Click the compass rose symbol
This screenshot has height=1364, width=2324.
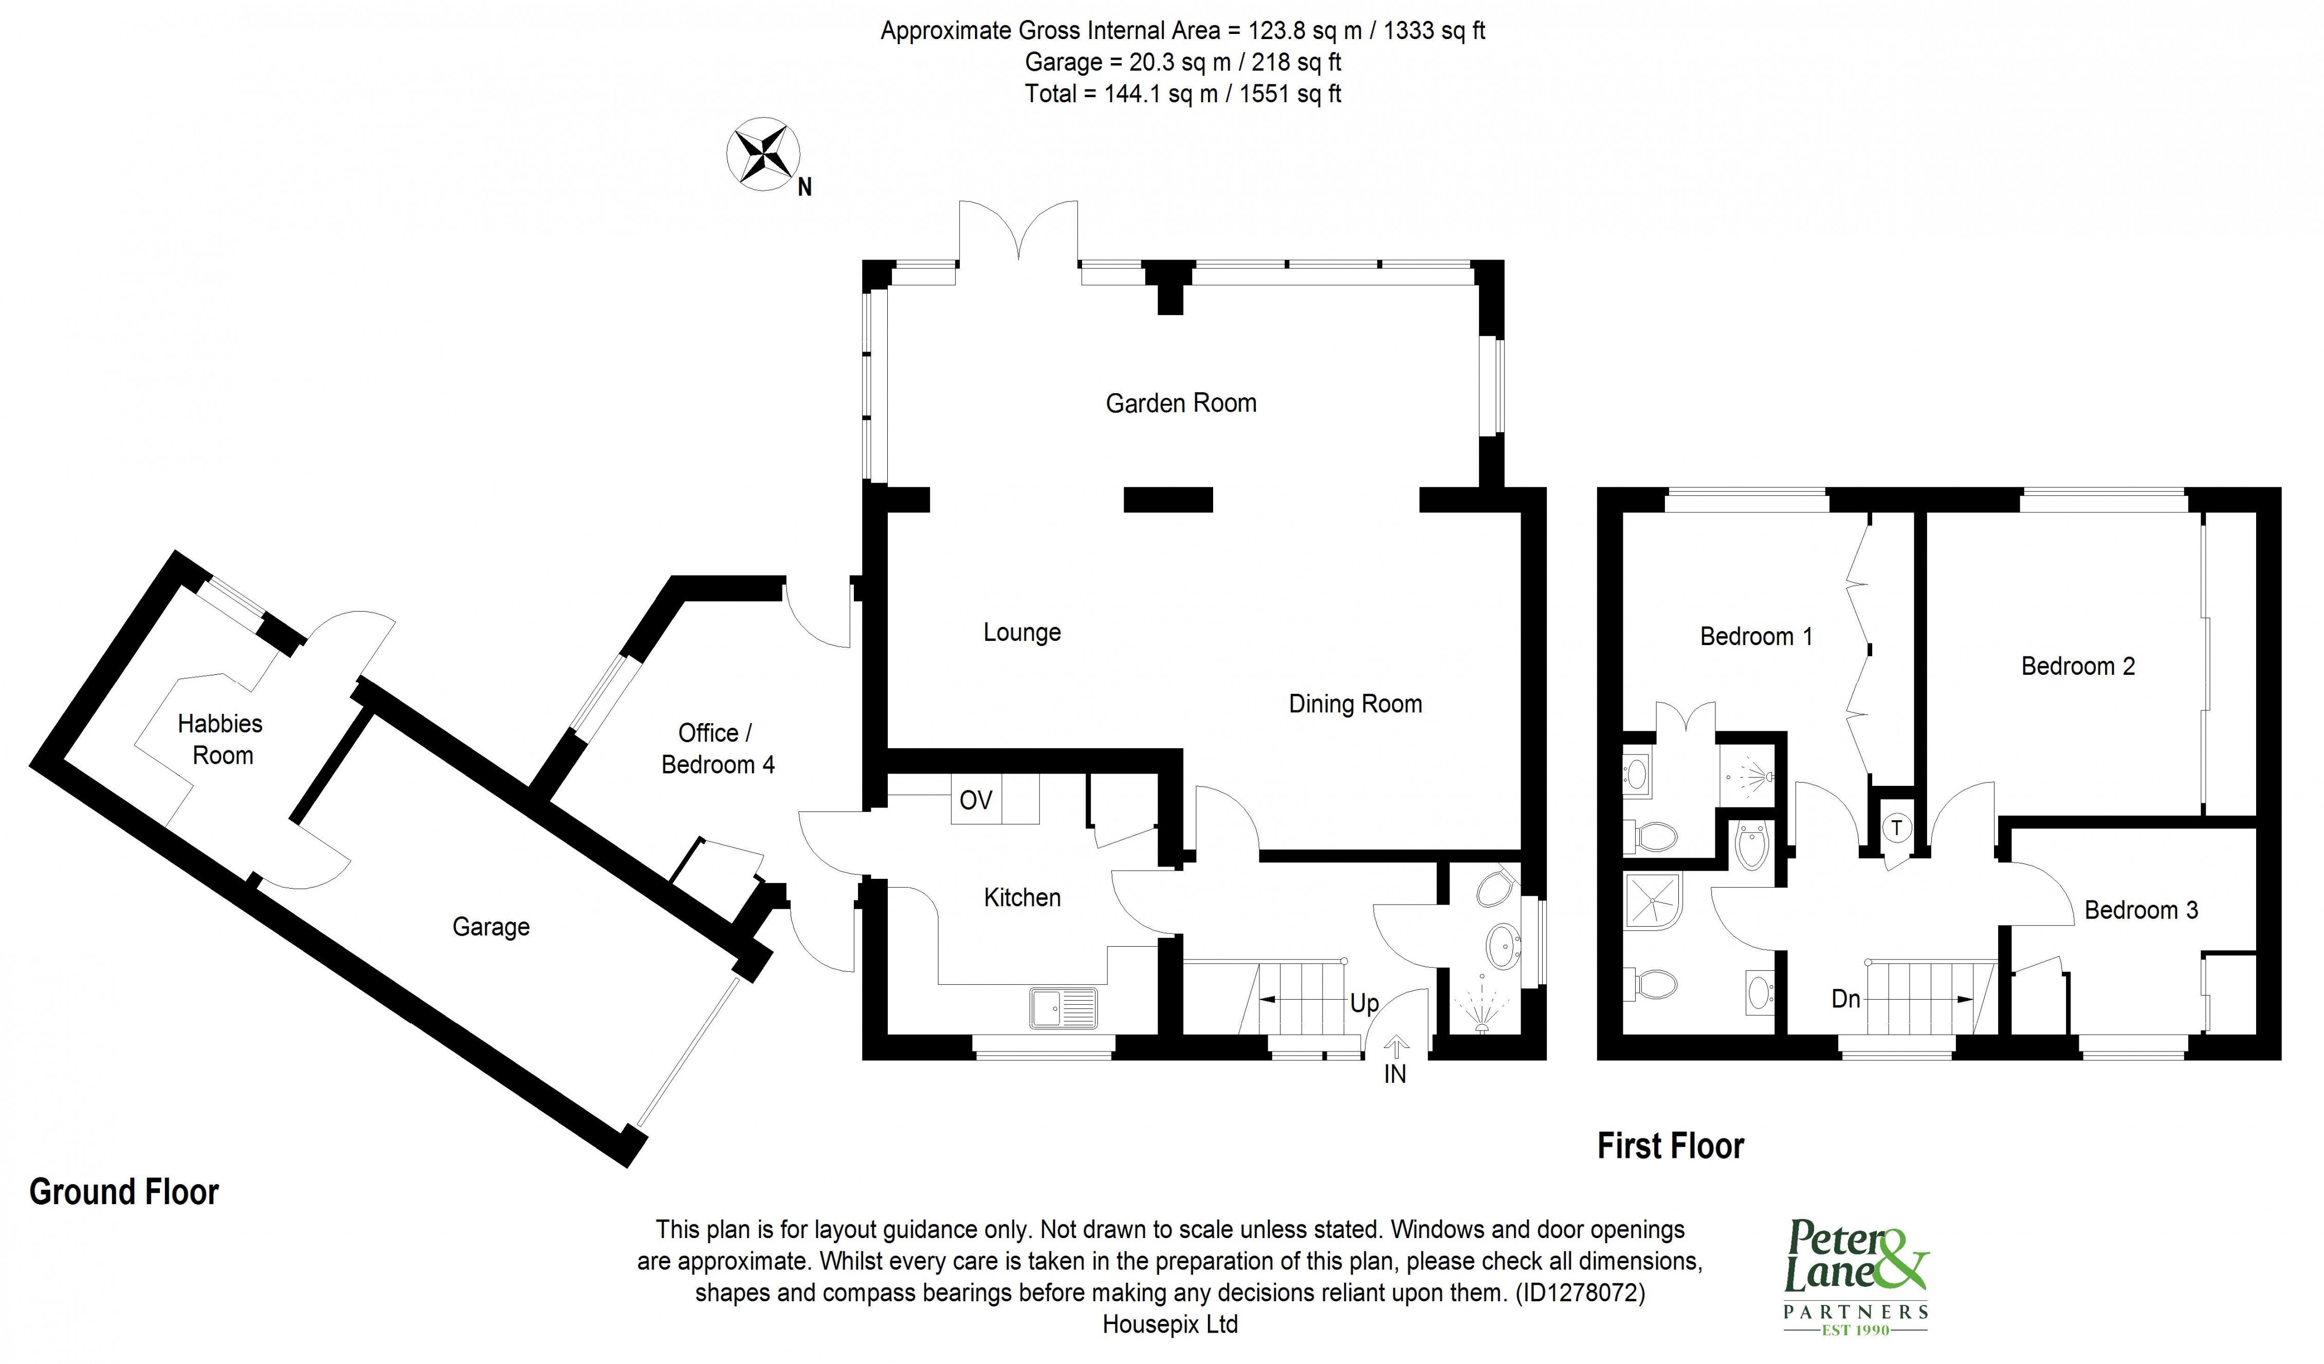(x=763, y=155)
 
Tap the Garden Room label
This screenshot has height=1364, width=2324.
(x=1180, y=403)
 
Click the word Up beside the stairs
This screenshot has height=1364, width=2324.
(x=1364, y=1003)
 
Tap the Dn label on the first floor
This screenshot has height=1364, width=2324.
(x=1845, y=999)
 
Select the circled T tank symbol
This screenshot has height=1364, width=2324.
(x=1897, y=828)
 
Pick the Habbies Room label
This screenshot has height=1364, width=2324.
(x=222, y=739)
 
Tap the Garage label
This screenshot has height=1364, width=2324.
(x=490, y=927)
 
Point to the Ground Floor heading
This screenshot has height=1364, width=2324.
(x=124, y=1192)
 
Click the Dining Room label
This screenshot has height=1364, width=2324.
(x=1355, y=704)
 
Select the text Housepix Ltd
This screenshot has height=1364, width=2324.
(x=1169, y=1324)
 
